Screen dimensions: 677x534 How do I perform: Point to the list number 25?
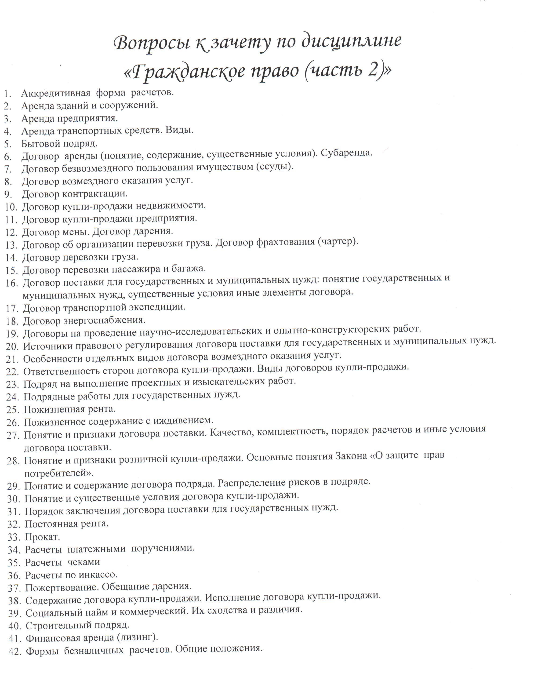pyautogui.click(x=13, y=410)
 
